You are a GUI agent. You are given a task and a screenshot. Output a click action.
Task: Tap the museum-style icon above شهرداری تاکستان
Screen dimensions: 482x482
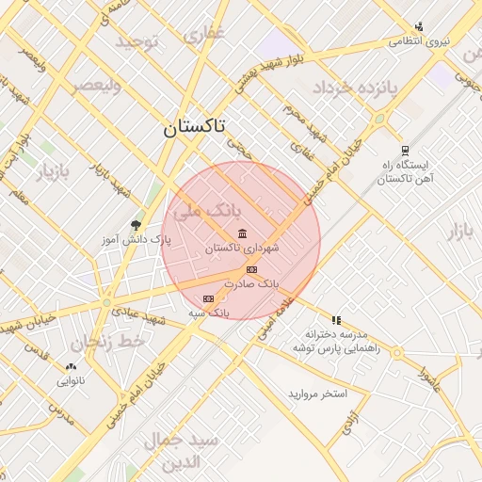tap(243, 233)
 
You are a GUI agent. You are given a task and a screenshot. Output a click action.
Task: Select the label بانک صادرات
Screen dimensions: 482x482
tap(255, 283)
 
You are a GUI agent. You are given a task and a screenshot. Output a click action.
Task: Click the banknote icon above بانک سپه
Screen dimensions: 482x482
tap(208, 299)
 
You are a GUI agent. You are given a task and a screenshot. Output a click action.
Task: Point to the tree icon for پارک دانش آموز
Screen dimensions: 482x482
tap(137, 225)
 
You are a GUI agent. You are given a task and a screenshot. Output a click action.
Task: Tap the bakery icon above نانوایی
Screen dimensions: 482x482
tap(72, 366)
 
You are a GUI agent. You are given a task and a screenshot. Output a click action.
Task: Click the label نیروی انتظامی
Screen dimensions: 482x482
tap(420, 41)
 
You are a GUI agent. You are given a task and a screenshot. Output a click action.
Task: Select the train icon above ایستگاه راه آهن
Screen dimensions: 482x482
tap(405, 150)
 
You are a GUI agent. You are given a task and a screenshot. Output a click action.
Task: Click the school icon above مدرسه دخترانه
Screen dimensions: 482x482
tap(336, 320)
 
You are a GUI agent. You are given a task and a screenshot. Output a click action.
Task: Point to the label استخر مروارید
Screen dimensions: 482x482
tap(317, 392)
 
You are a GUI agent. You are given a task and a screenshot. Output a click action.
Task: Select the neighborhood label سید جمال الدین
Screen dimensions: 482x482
tap(183, 450)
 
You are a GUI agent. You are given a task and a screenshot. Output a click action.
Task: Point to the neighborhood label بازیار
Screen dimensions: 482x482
tap(54, 173)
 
